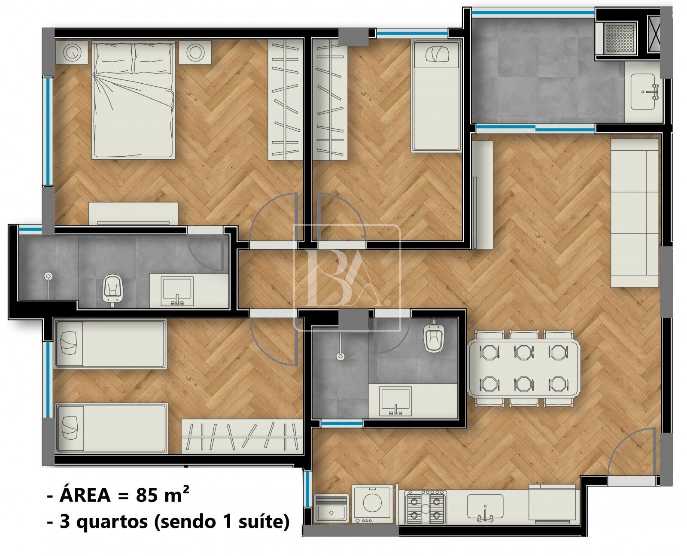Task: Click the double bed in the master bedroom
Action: click(133, 100)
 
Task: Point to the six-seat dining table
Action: click(523, 368)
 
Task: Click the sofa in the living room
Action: click(635, 213)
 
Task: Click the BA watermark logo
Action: click(347, 277)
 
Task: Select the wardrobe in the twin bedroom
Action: click(242, 437)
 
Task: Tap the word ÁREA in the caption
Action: click(85, 495)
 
